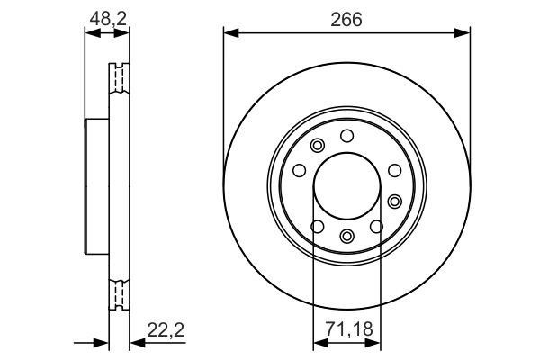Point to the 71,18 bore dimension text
(x=346, y=331)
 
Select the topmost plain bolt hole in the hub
(x=346, y=135)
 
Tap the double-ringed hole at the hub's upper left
(x=316, y=147)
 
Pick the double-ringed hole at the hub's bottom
(x=346, y=237)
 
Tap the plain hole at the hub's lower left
(x=314, y=226)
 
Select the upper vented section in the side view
(x=118, y=81)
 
